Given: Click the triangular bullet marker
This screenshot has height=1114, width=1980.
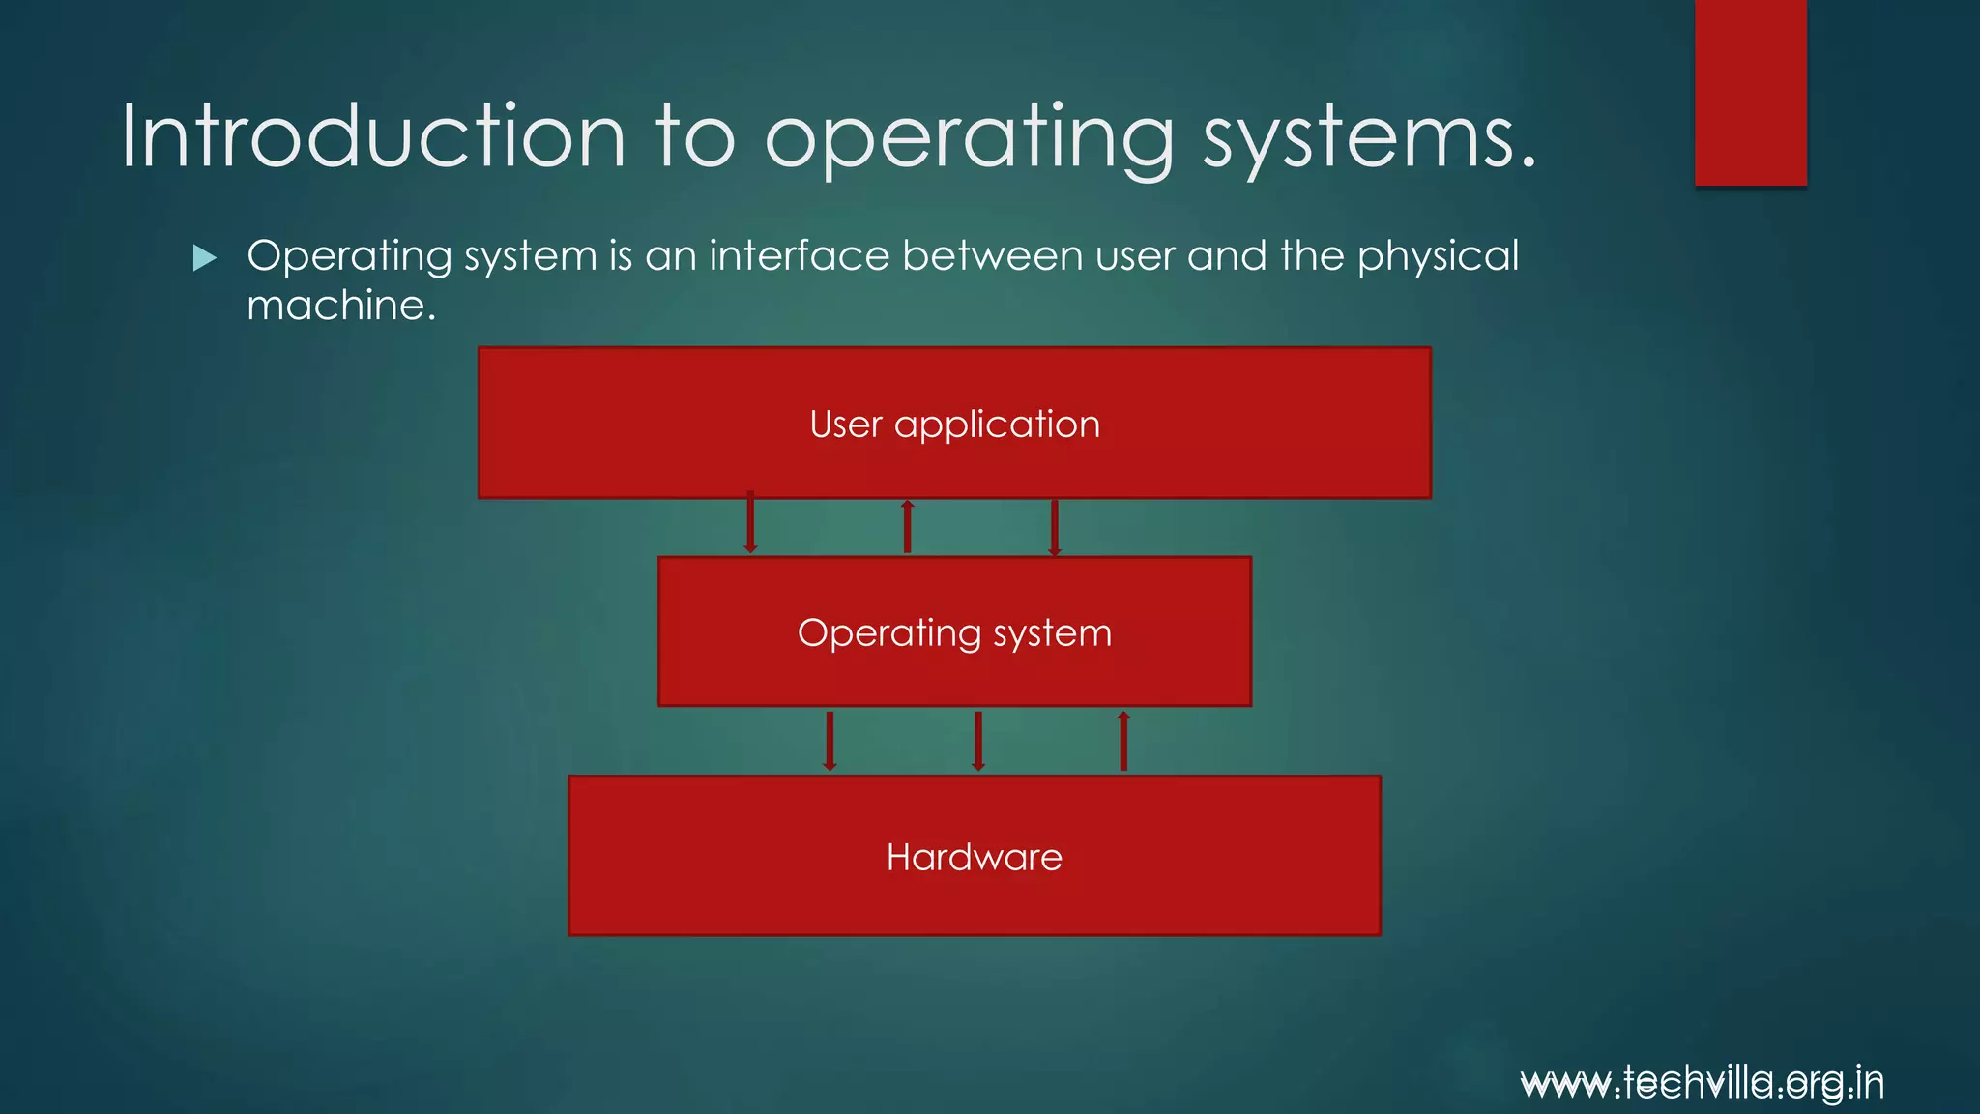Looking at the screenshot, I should pyautogui.click(x=204, y=257).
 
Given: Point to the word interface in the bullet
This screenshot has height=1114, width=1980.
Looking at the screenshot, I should pyautogui.click(x=799, y=256).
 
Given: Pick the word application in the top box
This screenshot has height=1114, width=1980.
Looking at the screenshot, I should pyautogui.click(x=997, y=425).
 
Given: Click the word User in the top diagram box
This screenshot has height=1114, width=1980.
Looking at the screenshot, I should pyautogui.click(x=846, y=425).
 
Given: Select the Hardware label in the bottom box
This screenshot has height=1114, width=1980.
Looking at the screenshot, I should pyautogui.click(x=974, y=858).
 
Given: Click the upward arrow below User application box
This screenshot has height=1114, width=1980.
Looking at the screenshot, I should pyautogui.click(x=907, y=526).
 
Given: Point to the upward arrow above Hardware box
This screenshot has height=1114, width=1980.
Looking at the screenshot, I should pyautogui.click(x=1122, y=741).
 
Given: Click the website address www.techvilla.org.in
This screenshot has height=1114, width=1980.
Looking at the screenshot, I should pyautogui.click(x=1702, y=1083).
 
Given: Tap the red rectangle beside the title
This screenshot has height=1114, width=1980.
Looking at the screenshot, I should pyautogui.click(x=1750, y=92).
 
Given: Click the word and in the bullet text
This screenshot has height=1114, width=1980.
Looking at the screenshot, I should pyautogui.click(x=1227, y=256).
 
